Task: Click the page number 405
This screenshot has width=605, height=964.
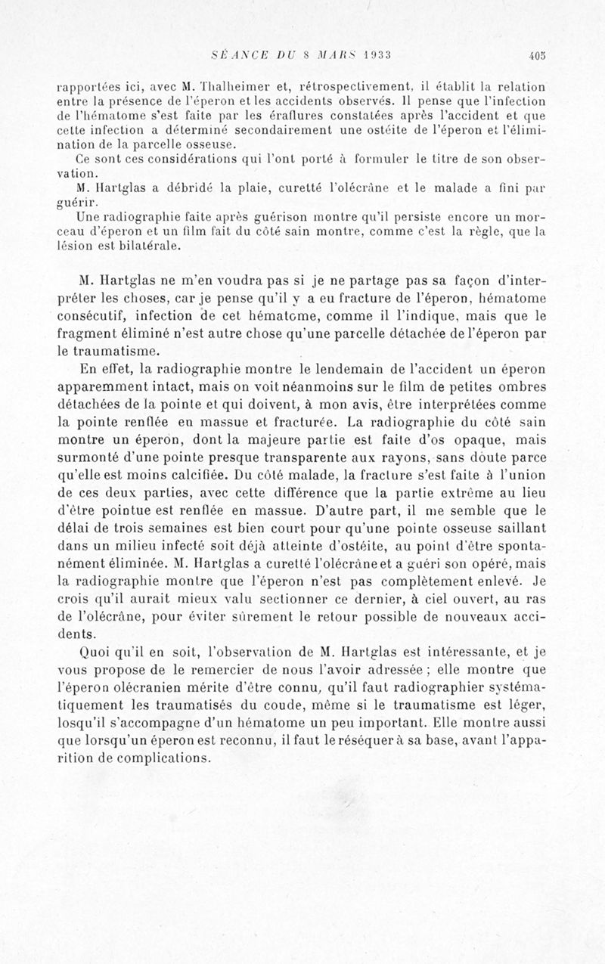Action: (x=538, y=54)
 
